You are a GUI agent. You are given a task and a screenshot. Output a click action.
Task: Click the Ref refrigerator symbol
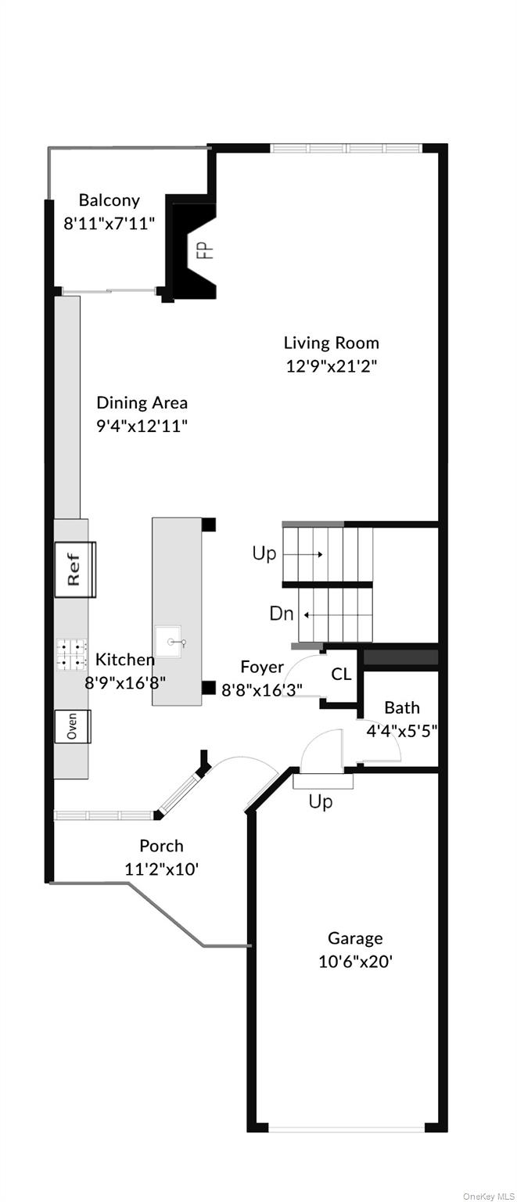click(x=75, y=569)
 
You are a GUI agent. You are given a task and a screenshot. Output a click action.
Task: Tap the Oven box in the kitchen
click(x=73, y=726)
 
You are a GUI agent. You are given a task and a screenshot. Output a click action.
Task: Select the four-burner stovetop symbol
click(x=70, y=655)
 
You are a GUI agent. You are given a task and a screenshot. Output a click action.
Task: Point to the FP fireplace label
click(x=203, y=250)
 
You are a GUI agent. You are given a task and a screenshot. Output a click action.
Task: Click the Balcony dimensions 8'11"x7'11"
click(x=109, y=223)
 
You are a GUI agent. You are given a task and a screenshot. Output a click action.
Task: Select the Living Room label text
click(x=331, y=343)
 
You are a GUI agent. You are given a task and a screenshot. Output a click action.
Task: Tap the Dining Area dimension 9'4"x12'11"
click(x=142, y=426)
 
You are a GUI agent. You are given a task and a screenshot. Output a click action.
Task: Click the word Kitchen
click(x=125, y=660)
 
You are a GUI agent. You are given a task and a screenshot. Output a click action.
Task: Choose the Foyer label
click(x=262, y=668)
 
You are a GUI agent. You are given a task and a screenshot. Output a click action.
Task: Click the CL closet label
click(x=341, y=675)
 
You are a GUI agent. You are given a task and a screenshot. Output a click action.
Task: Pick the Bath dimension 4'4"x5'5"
click(x=401, y=731)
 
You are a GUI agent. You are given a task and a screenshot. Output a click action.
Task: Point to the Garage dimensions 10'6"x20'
click(x=355, y=961)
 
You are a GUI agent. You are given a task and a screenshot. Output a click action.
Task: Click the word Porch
click(x=161, y=846)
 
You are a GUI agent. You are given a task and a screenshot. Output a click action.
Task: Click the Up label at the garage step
click(x=321, y=802)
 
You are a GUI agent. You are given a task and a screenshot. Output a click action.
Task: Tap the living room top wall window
click(x=346, y=148)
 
